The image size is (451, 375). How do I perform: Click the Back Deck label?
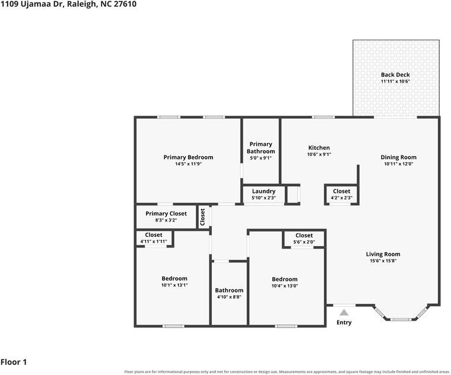[395, 75]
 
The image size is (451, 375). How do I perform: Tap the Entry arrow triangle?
[344, 313]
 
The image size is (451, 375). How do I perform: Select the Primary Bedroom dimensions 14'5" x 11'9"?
[188, 164]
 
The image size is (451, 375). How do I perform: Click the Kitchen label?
[319, 148]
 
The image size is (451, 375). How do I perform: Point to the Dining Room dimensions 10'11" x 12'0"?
[398, 164]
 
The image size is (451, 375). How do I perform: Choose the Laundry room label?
[263, 191]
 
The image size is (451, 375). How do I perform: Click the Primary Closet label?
[166, 214]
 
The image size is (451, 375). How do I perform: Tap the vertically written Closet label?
[202, 217]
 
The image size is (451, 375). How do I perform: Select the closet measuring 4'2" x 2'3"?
[341, 194]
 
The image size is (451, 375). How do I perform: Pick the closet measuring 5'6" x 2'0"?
[304, 239]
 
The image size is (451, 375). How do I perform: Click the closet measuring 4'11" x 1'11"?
[154, 238]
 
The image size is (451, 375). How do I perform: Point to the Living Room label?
[383, 254]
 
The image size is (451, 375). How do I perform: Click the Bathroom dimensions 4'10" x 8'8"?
[229, 297]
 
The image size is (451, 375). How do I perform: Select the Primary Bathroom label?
[261, 148]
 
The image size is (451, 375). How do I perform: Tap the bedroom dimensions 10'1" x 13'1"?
[174, 285]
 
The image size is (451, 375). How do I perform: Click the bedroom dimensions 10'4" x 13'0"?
[284, 286]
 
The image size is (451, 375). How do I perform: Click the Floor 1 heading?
[14, 362]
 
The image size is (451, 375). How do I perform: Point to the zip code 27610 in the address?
[125, 4]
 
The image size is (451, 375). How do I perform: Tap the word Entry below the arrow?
[344, 323]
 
